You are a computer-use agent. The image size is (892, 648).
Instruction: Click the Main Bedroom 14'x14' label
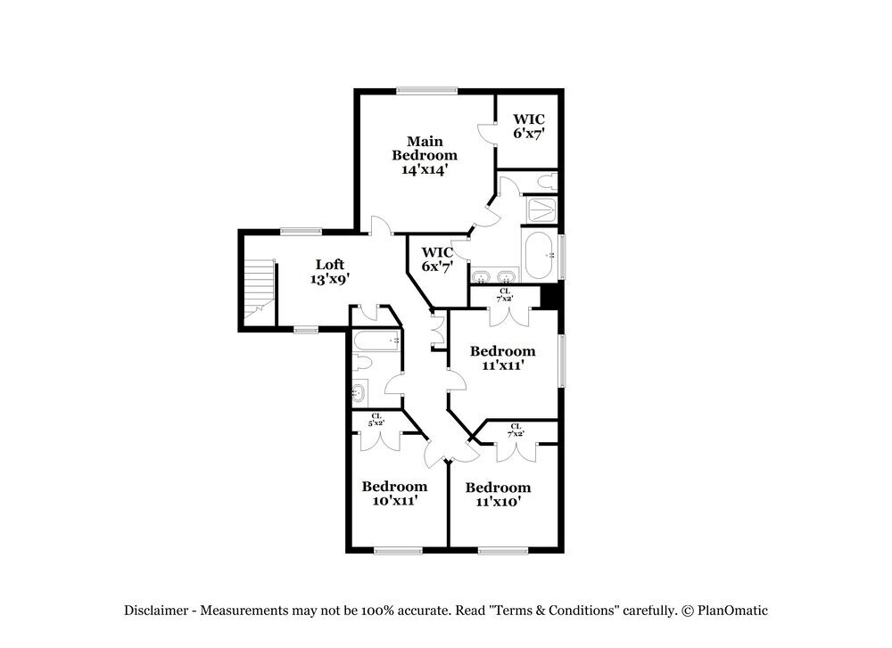425,155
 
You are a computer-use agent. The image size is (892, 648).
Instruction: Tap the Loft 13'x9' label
330,271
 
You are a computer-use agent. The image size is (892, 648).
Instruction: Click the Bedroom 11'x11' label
503,357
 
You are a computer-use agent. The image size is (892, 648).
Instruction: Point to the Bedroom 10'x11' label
393,494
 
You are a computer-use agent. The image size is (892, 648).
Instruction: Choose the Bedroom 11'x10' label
498,495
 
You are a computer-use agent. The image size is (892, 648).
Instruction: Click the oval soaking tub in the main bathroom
541,256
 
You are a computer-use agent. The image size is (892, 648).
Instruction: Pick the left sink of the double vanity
481,275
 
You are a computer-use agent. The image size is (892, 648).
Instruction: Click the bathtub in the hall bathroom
376,340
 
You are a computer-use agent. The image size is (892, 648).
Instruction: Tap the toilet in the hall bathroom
363,363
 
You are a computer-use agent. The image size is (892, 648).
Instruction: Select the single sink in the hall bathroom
359,391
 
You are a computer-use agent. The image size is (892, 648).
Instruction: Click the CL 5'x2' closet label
376,419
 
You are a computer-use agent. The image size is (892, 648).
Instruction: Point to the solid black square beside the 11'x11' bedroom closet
550,296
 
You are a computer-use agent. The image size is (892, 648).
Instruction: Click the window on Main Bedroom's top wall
427,90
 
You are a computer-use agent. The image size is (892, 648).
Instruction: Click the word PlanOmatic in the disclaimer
733,611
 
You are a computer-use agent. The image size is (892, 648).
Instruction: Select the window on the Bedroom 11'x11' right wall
561,361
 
